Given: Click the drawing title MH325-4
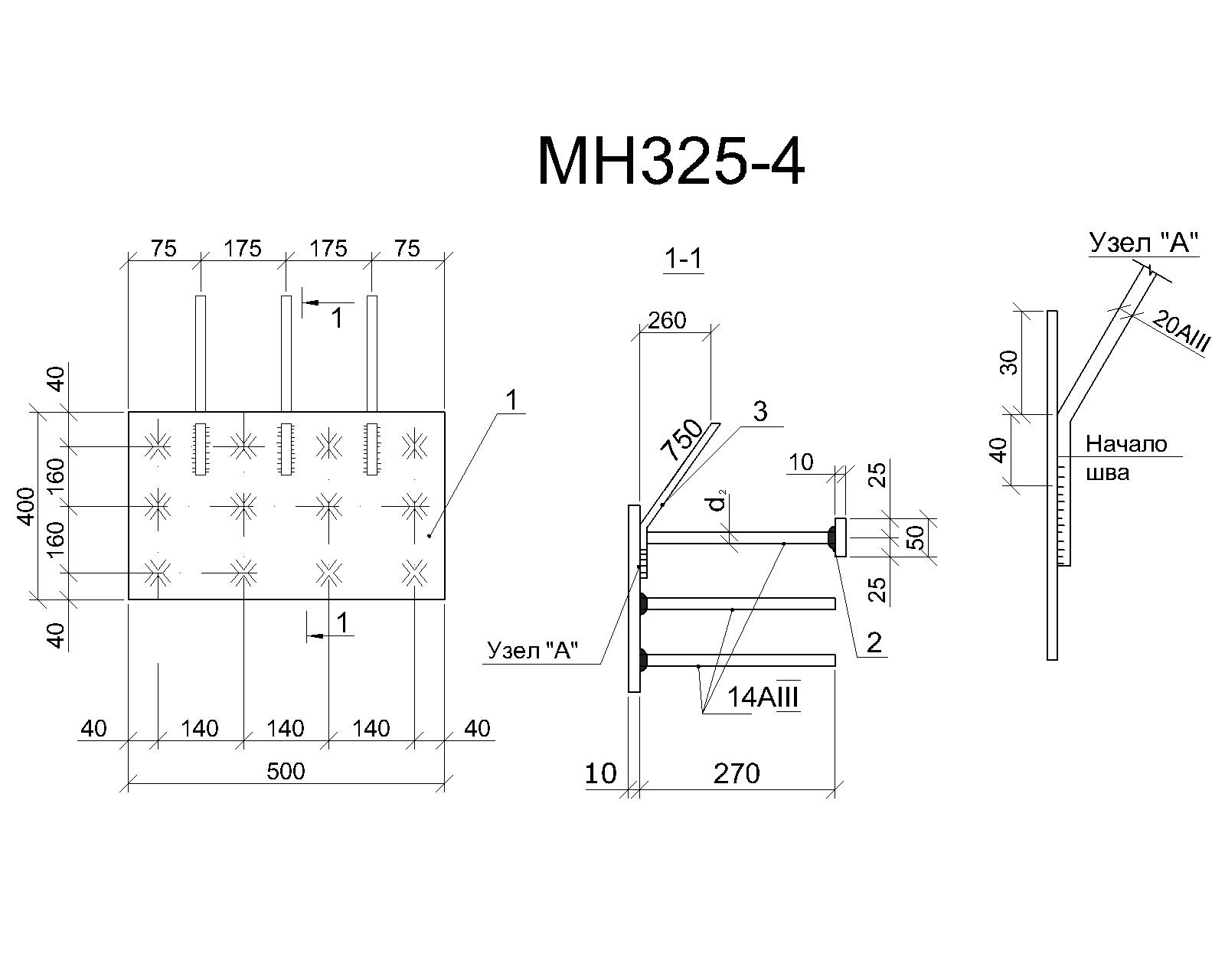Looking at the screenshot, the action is click(671, 161).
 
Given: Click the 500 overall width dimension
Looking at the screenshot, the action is click(286, 771).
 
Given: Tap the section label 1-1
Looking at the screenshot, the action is click(684, 260).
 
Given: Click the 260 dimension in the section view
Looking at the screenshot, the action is click(667, 321).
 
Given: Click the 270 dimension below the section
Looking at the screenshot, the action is click(737, 773).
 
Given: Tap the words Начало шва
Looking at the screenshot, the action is click(1125, 459).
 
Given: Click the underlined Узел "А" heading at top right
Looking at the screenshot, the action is click(1144, 243).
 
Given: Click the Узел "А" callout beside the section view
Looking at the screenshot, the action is click(533, 650).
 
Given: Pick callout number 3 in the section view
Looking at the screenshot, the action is click(760, 411).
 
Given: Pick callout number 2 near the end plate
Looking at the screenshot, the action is click(874, 642).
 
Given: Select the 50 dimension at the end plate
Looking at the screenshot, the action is click(916, 537).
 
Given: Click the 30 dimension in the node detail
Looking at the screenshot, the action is click(1009, 362).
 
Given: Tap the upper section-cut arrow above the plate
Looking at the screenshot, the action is click(328, 302).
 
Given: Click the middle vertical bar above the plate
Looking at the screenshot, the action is click(286, 353).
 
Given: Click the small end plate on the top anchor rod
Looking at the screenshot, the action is click(840, 537).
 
